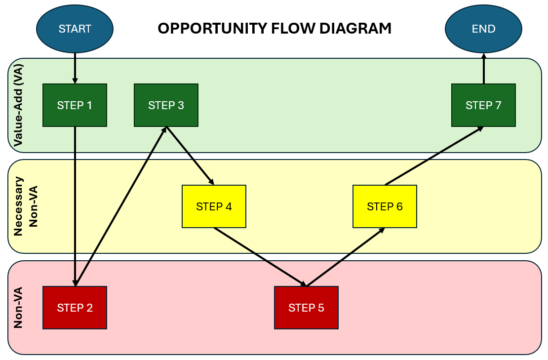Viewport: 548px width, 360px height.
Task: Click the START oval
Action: [x=75, y=29]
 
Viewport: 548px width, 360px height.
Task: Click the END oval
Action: [x=483, y=29]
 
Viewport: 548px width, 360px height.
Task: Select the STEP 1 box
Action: [x=75, y=105]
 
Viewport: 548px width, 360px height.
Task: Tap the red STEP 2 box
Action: [x=75, y=308]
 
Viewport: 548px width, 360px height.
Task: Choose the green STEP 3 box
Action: [x=166, y=105]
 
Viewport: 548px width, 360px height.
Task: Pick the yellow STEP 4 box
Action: [x=214, y=206]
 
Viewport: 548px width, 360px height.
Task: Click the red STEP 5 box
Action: [x=306, y=308]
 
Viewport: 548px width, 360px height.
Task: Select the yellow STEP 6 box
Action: [x=385, y=206]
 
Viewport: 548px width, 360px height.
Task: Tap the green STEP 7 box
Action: [x=483, y=105]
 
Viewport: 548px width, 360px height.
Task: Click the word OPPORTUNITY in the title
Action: [x=213, y=29]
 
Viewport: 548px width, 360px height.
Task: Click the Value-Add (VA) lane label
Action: [x=18, y=105]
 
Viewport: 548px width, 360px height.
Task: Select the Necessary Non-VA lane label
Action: [x=25, y=206]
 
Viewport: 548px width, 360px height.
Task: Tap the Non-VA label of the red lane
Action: [x=18, y=308]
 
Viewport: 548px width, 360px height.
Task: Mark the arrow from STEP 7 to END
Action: [x=483, y=69]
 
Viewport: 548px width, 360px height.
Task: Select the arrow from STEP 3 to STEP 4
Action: [x=190, y=156]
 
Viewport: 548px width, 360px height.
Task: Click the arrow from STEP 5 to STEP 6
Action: [x=346, y=257]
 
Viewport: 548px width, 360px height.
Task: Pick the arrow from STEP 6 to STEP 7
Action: [x=434, y=156]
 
